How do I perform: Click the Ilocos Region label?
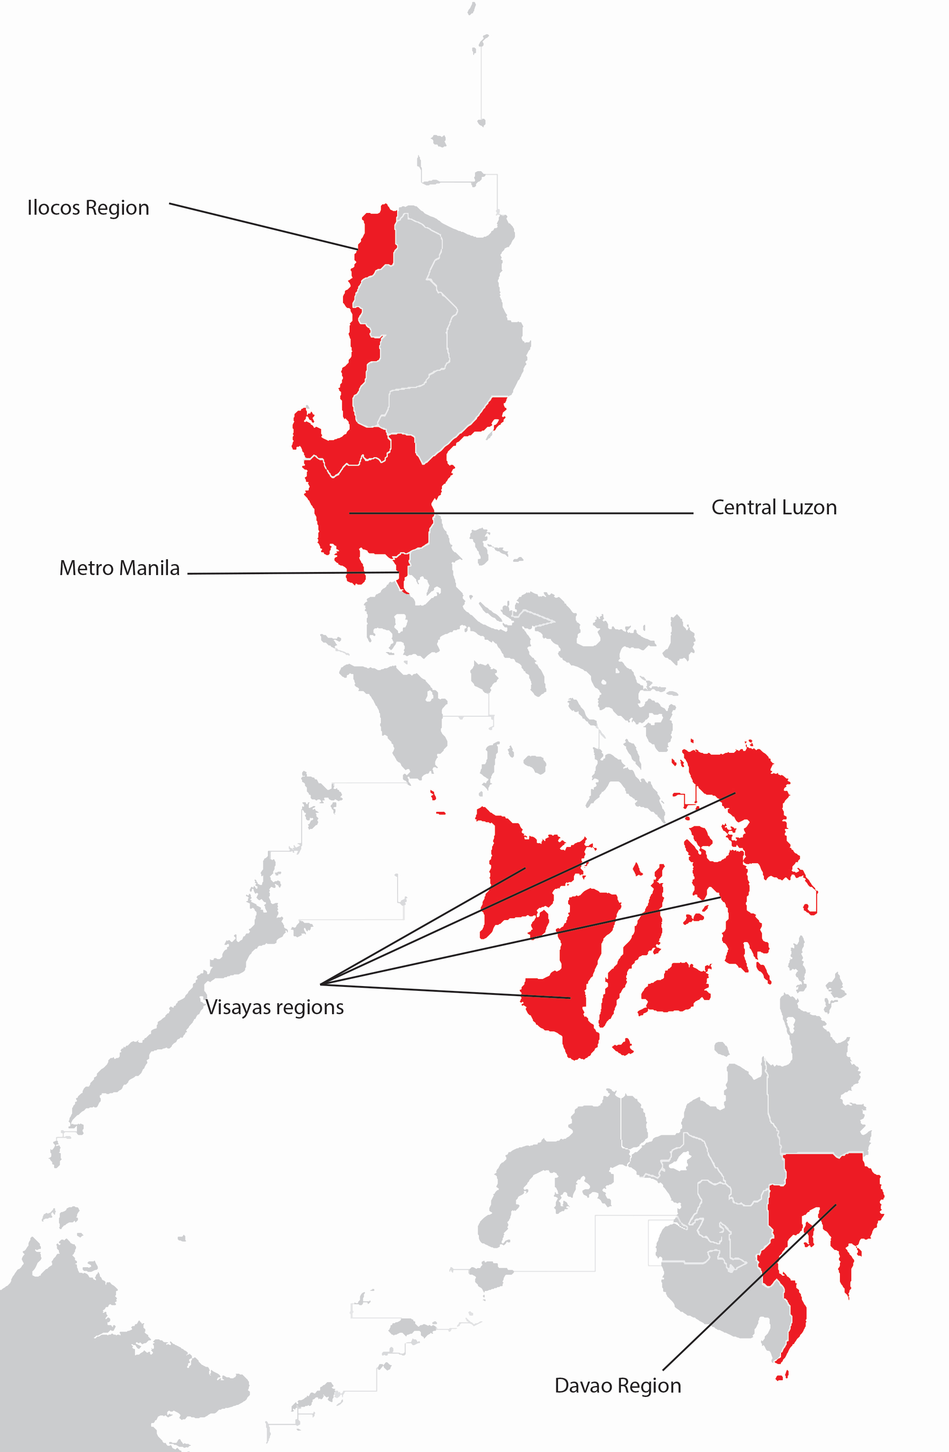[88, 208]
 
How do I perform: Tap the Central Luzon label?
[774, 508]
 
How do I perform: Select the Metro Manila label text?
[120, 568]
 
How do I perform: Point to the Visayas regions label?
[274, 1007]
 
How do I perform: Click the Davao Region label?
[617, 1386]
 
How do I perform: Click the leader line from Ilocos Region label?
[262, 226]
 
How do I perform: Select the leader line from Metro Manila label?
[293, 573]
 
